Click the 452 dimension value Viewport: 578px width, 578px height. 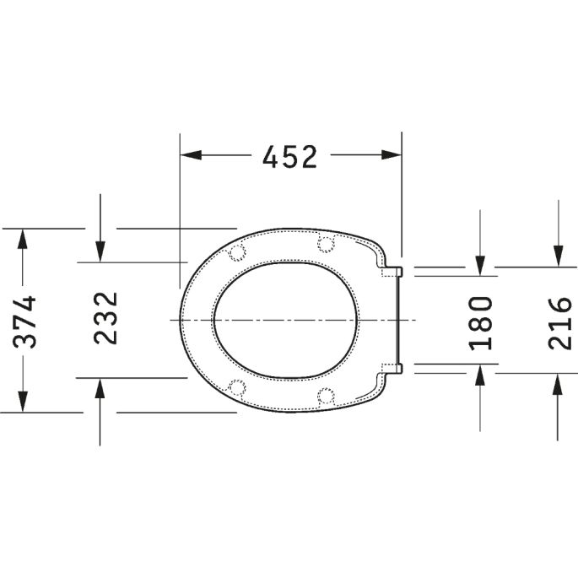289,156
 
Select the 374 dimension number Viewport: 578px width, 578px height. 27,321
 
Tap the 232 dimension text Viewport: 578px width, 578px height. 105,318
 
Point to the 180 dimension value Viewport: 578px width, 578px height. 480,321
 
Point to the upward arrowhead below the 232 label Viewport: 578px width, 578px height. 100,388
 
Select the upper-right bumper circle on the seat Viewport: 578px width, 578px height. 325,244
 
